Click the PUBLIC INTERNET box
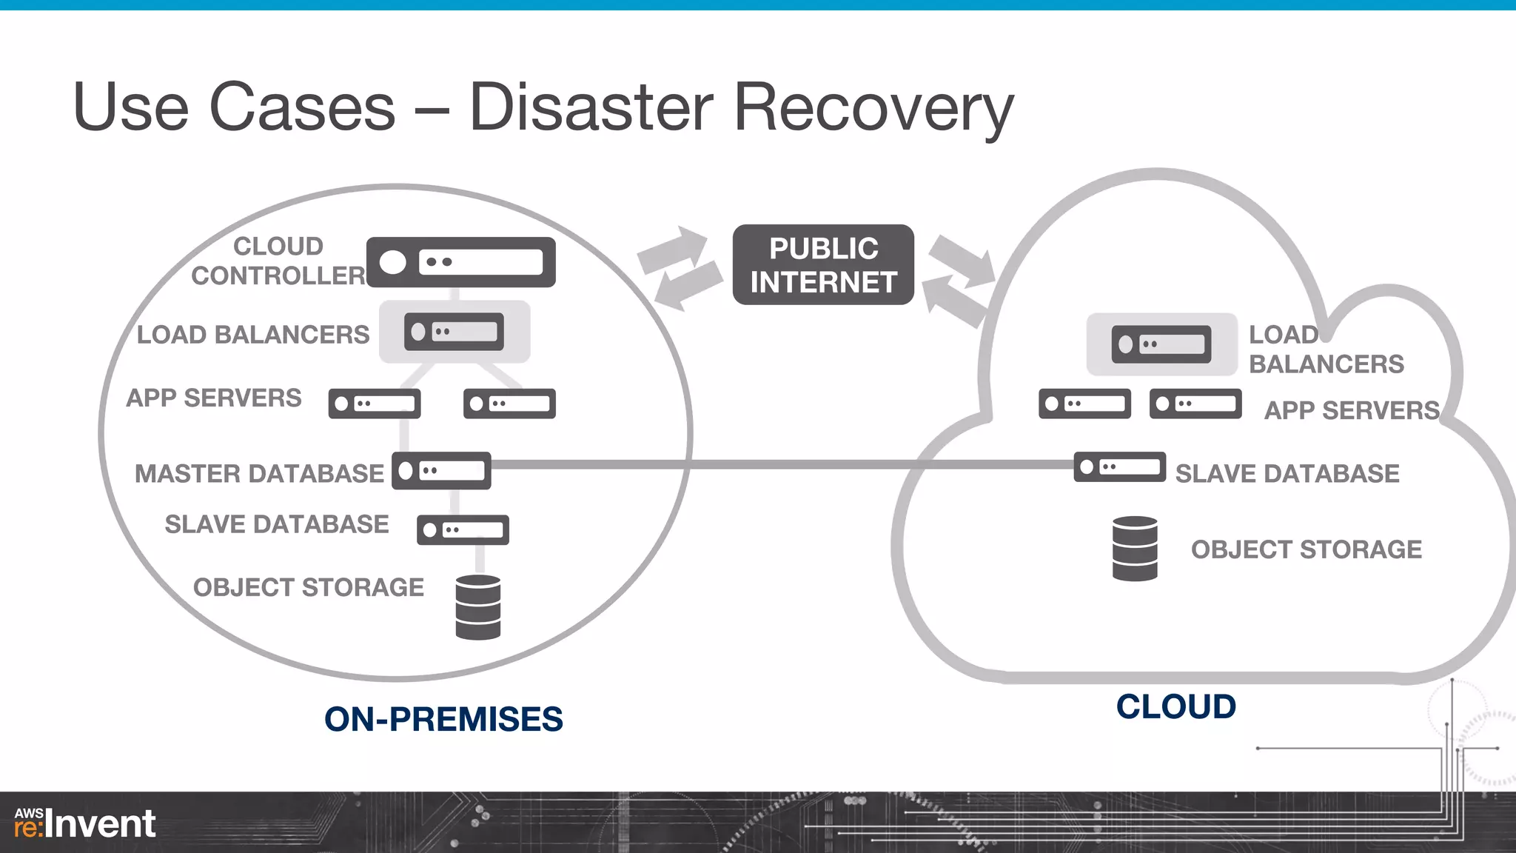click(x=823, y=265)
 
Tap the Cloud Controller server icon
click(x=460, y=262)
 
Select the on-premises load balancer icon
click(x=454, y=332)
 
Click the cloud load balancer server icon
click(x=1161, y=344)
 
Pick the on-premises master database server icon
click(x=441, y=471)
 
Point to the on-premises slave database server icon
click(x=463, y=530)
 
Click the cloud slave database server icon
click(x=1119, y=467)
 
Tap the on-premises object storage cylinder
click(x=478, y=607)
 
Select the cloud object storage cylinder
click(x=1135, y=549)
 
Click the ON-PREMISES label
click(x=443, y=720)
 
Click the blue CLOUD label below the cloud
click(x=1175, y=707)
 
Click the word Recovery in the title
click(x=873, y=108)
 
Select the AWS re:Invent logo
click(x=84, y=823)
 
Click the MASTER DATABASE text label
click(x=259, y=474)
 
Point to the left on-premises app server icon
click(x=375, y=404)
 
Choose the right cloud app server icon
click(x=1195, y=404)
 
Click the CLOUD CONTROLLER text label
click(x=278, y=261)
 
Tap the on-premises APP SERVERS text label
click(x=214, y=398)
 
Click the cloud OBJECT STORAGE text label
click(x=1306, y=549)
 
